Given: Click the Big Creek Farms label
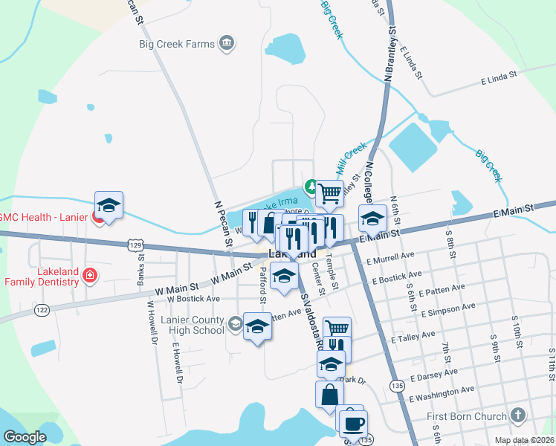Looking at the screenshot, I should pos(176,43).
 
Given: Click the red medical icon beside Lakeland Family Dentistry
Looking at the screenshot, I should pos(90,277).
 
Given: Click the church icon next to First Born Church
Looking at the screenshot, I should pos(519,416).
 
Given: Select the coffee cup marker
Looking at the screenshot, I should pos(353,423).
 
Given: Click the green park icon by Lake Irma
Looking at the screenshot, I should pos(311,186).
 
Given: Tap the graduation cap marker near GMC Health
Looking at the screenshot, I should pos(109,206).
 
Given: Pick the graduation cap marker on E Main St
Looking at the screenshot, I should pos(372,219).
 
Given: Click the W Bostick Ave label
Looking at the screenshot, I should pos(193,299).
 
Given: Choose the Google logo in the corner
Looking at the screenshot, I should pos(25,437).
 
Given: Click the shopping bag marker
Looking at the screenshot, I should pos(329,394).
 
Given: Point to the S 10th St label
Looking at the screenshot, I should pos(516,327).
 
